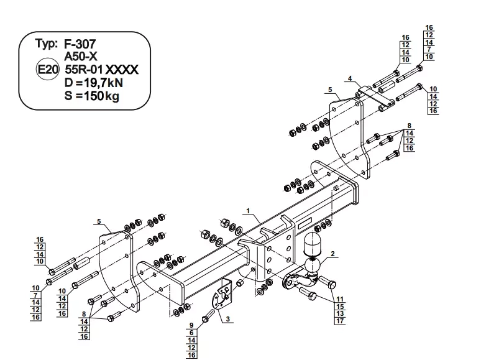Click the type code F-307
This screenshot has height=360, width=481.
pos(80,44)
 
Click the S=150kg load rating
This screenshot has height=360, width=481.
pos(91,96)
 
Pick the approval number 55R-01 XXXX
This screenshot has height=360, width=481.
pos(101,70)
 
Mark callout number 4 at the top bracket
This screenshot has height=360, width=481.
pos(350,78)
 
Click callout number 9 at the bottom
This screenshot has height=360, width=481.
pos(192,325)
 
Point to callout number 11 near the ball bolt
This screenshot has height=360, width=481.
pos(340,300)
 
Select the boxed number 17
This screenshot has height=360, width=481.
pos(340,321)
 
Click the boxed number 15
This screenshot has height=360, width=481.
pos(340,307)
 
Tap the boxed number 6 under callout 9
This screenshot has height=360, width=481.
pos(192,333)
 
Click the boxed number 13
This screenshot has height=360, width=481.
pos(340,313)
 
